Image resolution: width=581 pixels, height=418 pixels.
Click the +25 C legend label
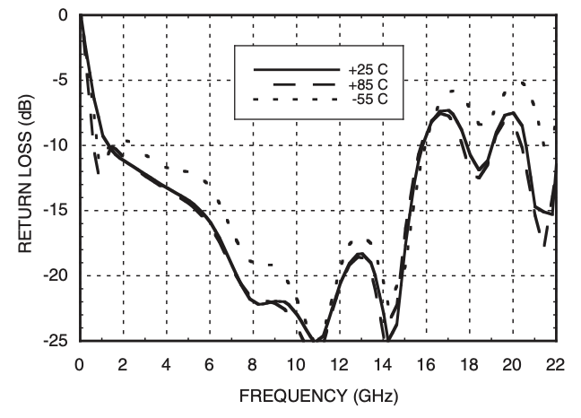(x=369, y=69)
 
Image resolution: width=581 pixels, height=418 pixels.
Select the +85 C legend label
(x=369, y=83)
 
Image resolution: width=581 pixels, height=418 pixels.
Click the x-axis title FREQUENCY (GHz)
(x=317, y=395)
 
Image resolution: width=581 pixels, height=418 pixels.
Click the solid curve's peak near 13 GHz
(x=360, y=255)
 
